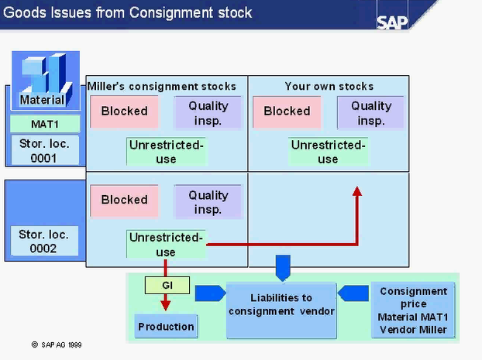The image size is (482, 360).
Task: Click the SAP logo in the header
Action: [x=392, y=22]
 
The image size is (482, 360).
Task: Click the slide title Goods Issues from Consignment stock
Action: [x=128, y=13]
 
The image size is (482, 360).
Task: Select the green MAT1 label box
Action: [x=45, y=124]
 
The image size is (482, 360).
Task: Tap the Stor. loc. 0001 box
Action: [x=45, y=150]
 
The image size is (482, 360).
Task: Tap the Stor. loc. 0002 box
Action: [x=44, y=241]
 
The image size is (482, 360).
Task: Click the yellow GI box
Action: [x=167, y=286]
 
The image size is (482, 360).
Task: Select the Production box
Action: [x=166, y=326]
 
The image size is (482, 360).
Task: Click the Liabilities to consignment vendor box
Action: [x=281, y=310]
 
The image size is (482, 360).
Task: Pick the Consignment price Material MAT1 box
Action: [x=413, y=310]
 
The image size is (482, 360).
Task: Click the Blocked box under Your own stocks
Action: [x=287, y=111]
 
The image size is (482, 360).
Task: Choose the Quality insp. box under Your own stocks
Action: [x=370, y=113]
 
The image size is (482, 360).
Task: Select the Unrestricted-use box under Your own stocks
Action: [x=328, y=152]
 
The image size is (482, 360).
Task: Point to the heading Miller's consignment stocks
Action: [x=162, y=86]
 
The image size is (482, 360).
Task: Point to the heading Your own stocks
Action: [x=329, y=86]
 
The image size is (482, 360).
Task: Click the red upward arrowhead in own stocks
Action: [x=357, y=191]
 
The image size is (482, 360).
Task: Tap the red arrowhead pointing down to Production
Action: [x=165, y=305]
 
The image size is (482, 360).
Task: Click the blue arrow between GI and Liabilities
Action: [x=211, y=293]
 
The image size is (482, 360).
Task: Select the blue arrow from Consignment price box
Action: [x=353, y=293]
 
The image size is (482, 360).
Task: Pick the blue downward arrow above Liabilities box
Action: [x=283, y=268]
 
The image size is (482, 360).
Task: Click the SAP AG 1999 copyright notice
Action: [x=57, y=345]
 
